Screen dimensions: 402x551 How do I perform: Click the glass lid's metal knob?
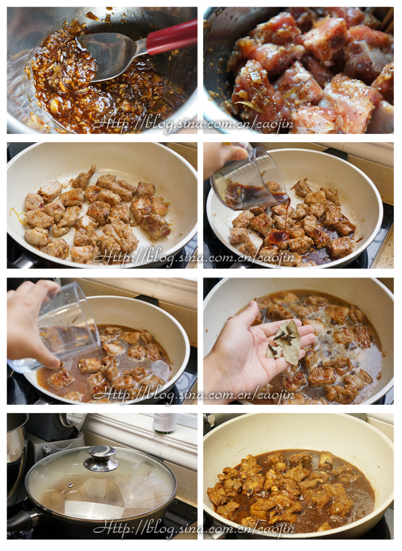coord(101,458)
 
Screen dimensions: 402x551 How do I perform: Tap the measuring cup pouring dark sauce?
coord(249,181)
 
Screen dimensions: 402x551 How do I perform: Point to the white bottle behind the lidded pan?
coord(164,423)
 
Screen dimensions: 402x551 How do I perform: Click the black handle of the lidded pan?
coord(21,519)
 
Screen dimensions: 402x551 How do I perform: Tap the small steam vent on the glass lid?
coord(70,485)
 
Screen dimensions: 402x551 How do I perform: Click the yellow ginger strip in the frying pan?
coord(17,215)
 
